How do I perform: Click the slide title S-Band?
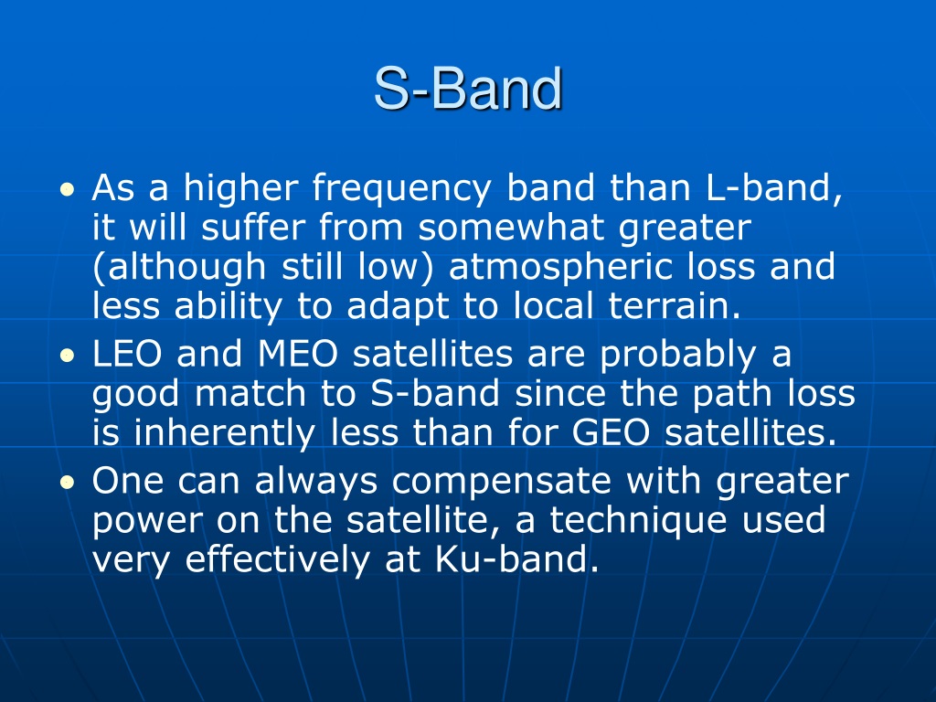[x=468, y=89]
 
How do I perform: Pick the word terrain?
[x=675, y=306]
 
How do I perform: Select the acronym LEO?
[x=126, y=354]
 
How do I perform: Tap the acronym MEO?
[x=298, y=354]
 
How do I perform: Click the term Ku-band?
[x=516, y=559]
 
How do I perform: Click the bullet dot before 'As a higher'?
[x=68, y=190]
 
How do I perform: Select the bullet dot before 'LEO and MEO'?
[x=68, y=356]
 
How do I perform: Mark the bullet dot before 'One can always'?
[x=68, y=483]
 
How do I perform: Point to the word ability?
[x=228, y=308]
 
